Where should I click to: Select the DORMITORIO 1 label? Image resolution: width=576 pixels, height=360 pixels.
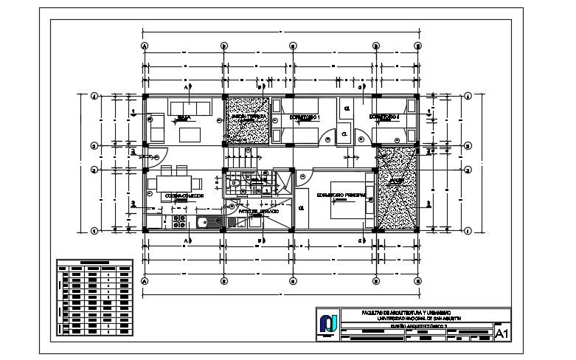click(304, 117)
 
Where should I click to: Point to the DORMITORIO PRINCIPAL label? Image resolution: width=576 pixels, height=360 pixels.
click(341, 195)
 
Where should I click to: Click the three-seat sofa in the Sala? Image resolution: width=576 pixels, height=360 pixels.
click(190, 105)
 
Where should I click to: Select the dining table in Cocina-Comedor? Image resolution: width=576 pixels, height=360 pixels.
click(175, 182)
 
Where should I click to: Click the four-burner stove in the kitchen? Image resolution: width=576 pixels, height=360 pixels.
click(178, 221)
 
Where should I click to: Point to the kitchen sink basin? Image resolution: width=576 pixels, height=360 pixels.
click(204, 222)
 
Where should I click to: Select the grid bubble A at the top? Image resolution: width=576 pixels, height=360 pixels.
click(145, 46)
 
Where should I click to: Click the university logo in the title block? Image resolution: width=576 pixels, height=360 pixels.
click(327, 324)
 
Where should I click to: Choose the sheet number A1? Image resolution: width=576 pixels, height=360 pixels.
click(502, 333)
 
